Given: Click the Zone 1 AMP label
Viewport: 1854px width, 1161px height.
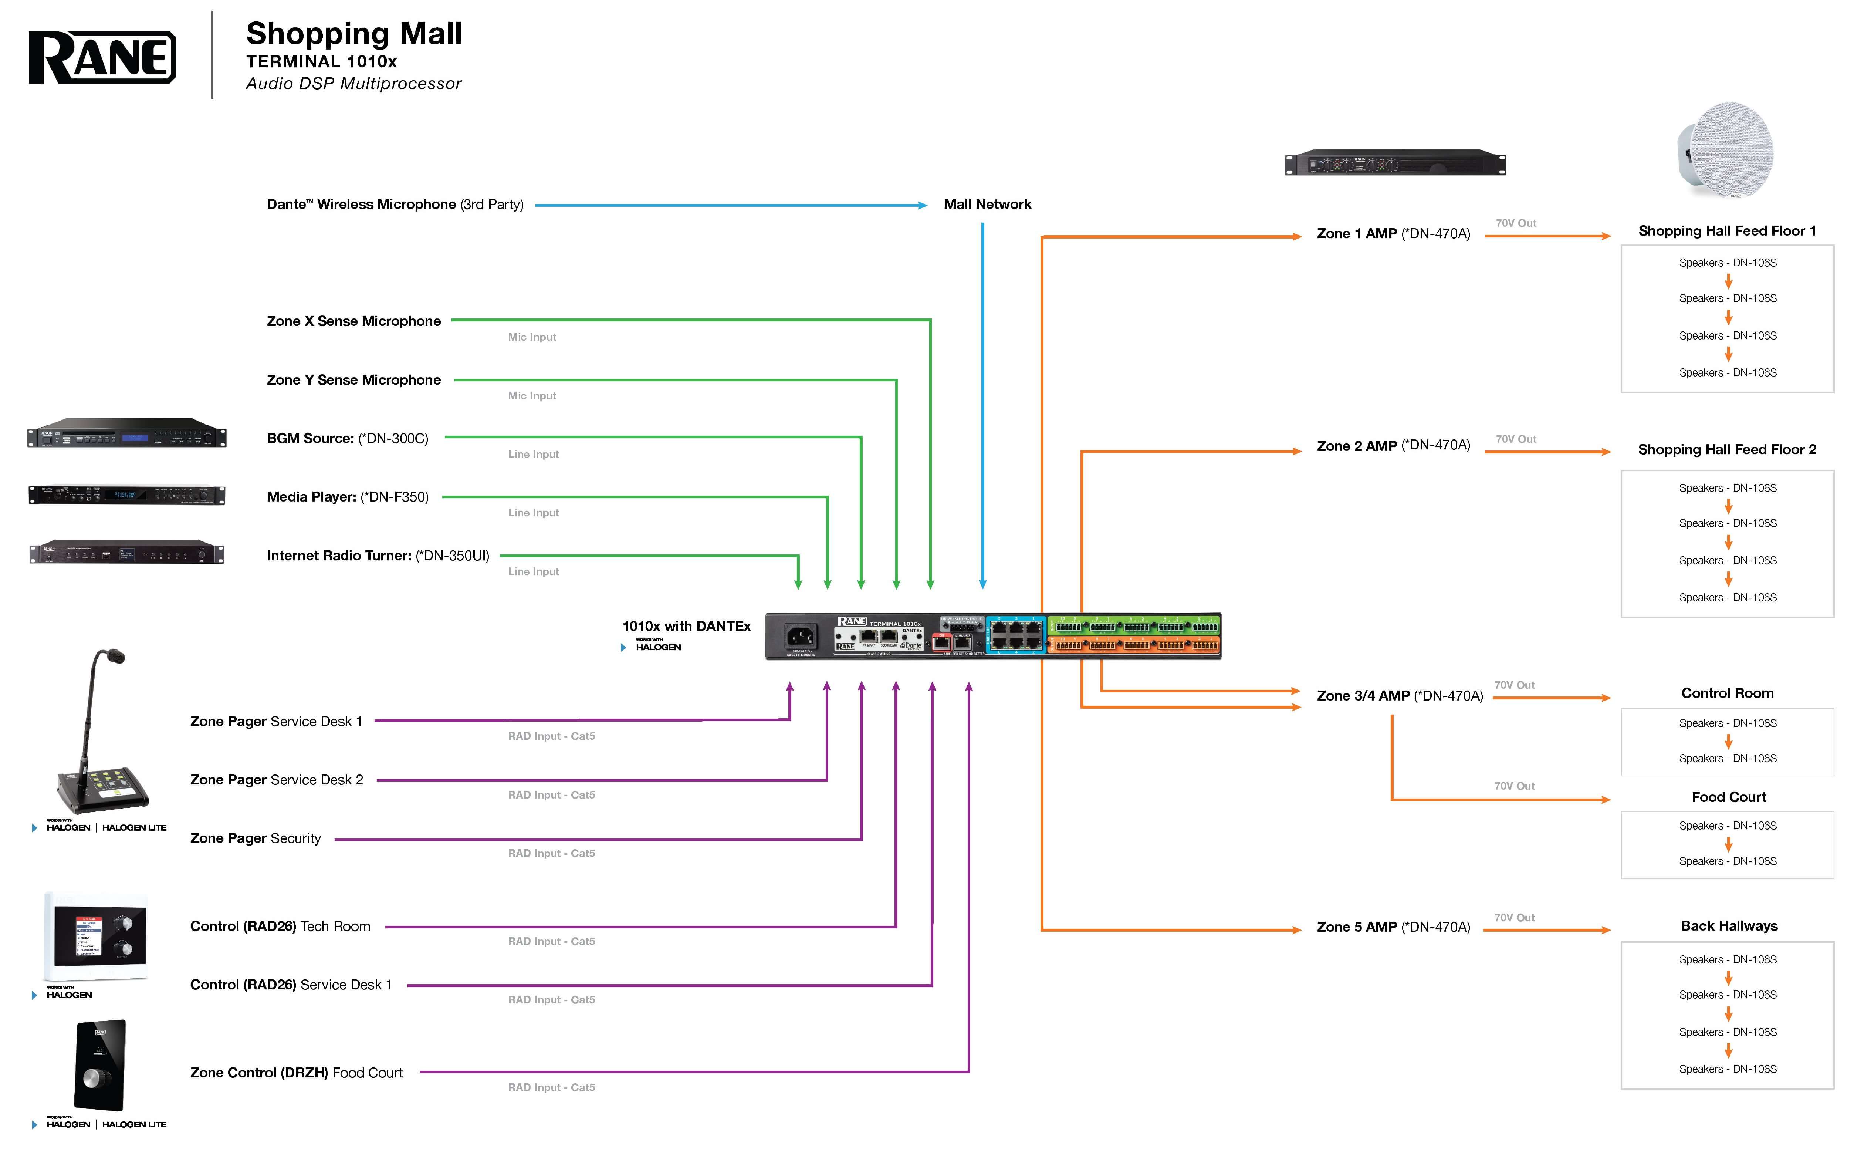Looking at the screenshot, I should pos(1393,233).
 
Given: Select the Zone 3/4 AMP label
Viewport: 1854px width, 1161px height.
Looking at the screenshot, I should pos(1399,696).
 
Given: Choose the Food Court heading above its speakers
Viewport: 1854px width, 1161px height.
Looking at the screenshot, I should pos(1728,797).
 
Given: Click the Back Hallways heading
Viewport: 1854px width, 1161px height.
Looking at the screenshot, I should pos(1728,926).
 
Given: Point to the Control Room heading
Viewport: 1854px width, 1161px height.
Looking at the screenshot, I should pos(1726,693).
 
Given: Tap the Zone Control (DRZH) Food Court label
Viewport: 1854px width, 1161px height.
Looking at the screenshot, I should pos(296,1073).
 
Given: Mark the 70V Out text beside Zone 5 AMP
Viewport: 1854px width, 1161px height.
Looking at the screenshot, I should pos(1514,918).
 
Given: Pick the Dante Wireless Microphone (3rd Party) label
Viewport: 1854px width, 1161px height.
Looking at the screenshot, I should pos(395,204).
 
